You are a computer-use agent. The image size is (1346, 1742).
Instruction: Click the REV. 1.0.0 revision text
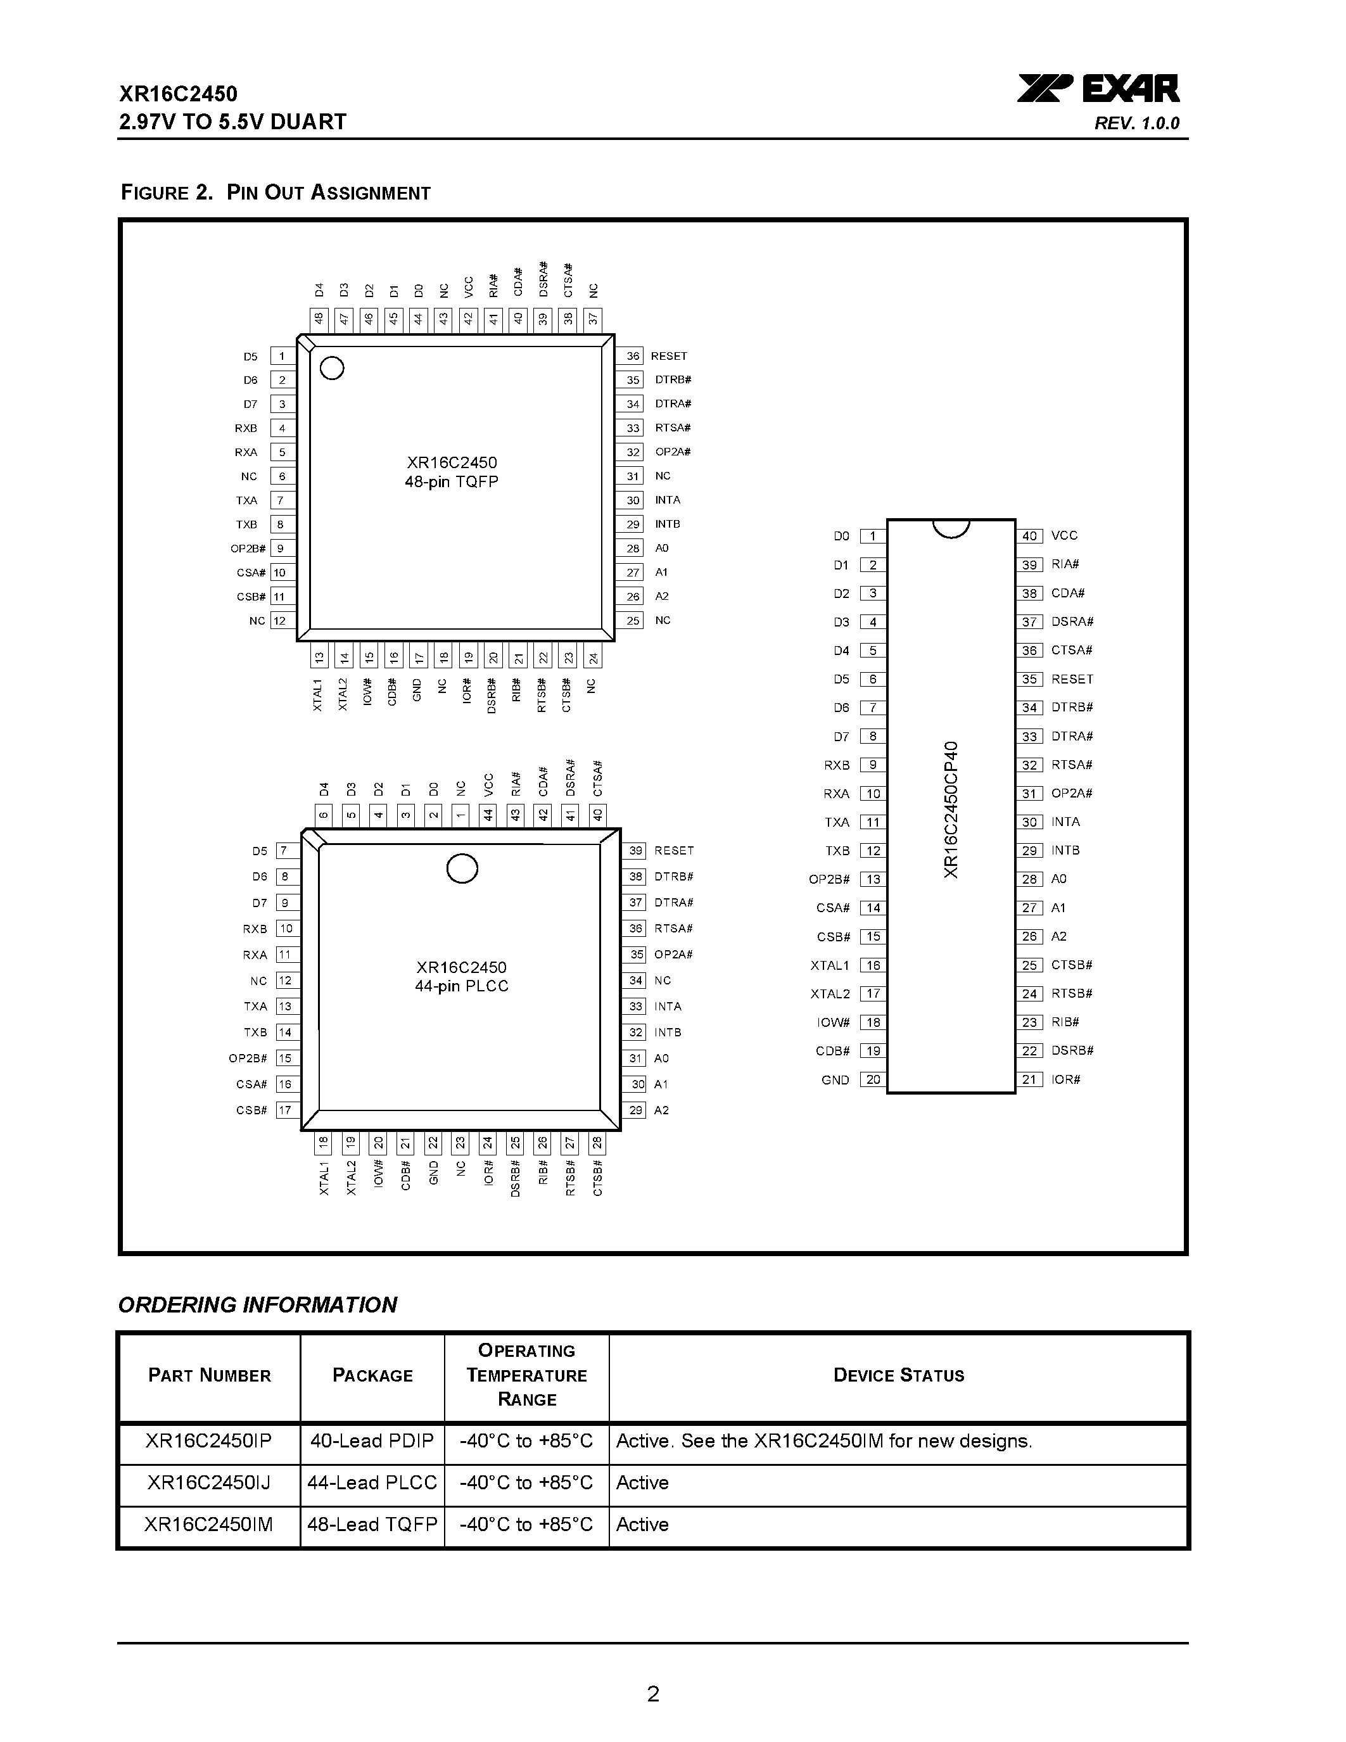click(x=1136, y=124)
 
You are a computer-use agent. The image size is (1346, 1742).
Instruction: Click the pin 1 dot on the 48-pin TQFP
click(x=332, y=369)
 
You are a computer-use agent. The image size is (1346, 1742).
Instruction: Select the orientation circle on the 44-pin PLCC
click(x=462, y=868)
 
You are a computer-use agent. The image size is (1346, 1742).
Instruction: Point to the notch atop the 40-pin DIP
click(x=951, y=528)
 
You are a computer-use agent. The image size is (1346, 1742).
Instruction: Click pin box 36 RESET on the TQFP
click(x=632, y=357)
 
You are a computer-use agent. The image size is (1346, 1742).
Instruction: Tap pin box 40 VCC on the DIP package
click(x=1029, y=536)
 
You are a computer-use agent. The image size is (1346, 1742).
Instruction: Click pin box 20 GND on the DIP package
click(x=873, y=1080)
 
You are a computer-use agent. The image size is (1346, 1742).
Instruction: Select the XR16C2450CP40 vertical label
click(x=951, y=810)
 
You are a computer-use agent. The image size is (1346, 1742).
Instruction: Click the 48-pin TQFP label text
click(x=452, y=482)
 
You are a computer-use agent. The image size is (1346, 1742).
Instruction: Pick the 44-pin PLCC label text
click(x=461, y=986)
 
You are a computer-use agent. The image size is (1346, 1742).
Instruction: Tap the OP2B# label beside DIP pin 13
click(x=829, y=879)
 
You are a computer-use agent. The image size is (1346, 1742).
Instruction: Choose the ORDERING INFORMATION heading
click(x=258, y=1305)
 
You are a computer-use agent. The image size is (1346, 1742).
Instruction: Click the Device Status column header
click(x=899, y=1375)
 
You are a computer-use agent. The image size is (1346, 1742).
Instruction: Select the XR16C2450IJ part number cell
click(x=209, y=1483)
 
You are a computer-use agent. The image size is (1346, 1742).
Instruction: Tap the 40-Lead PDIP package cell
click(x=372, y=1440)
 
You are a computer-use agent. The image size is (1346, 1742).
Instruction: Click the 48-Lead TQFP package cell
click(x=372, y=1524)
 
